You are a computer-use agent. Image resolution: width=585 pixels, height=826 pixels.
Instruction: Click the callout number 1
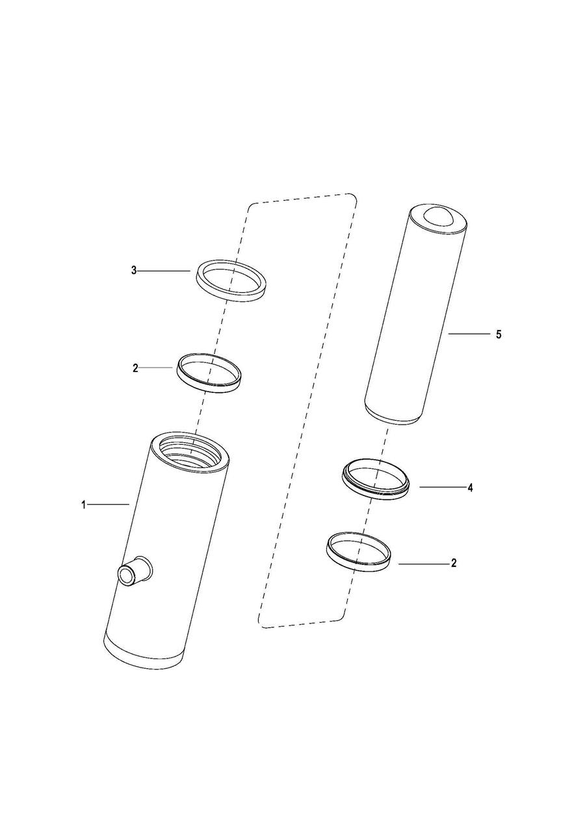(84, 505)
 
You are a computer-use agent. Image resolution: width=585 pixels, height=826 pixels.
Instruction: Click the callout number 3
(134, 271)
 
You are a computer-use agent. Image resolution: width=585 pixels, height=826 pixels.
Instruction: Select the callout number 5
(499, 334)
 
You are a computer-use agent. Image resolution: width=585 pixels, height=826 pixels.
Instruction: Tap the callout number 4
(470, 488)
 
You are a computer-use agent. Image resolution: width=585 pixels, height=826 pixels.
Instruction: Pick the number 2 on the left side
(135, 368)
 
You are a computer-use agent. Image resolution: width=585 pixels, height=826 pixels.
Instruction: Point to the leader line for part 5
(469, 334)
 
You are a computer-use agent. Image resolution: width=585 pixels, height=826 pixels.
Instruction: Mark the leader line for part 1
(109, 504)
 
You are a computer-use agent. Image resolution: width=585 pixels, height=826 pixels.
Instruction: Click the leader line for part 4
(442, 487)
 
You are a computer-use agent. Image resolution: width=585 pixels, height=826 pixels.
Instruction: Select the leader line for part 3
(164, 271)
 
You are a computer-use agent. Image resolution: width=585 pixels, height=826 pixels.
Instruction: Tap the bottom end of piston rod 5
(392, 417)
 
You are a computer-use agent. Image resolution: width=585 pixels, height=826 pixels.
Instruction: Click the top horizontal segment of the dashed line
(302, 199)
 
